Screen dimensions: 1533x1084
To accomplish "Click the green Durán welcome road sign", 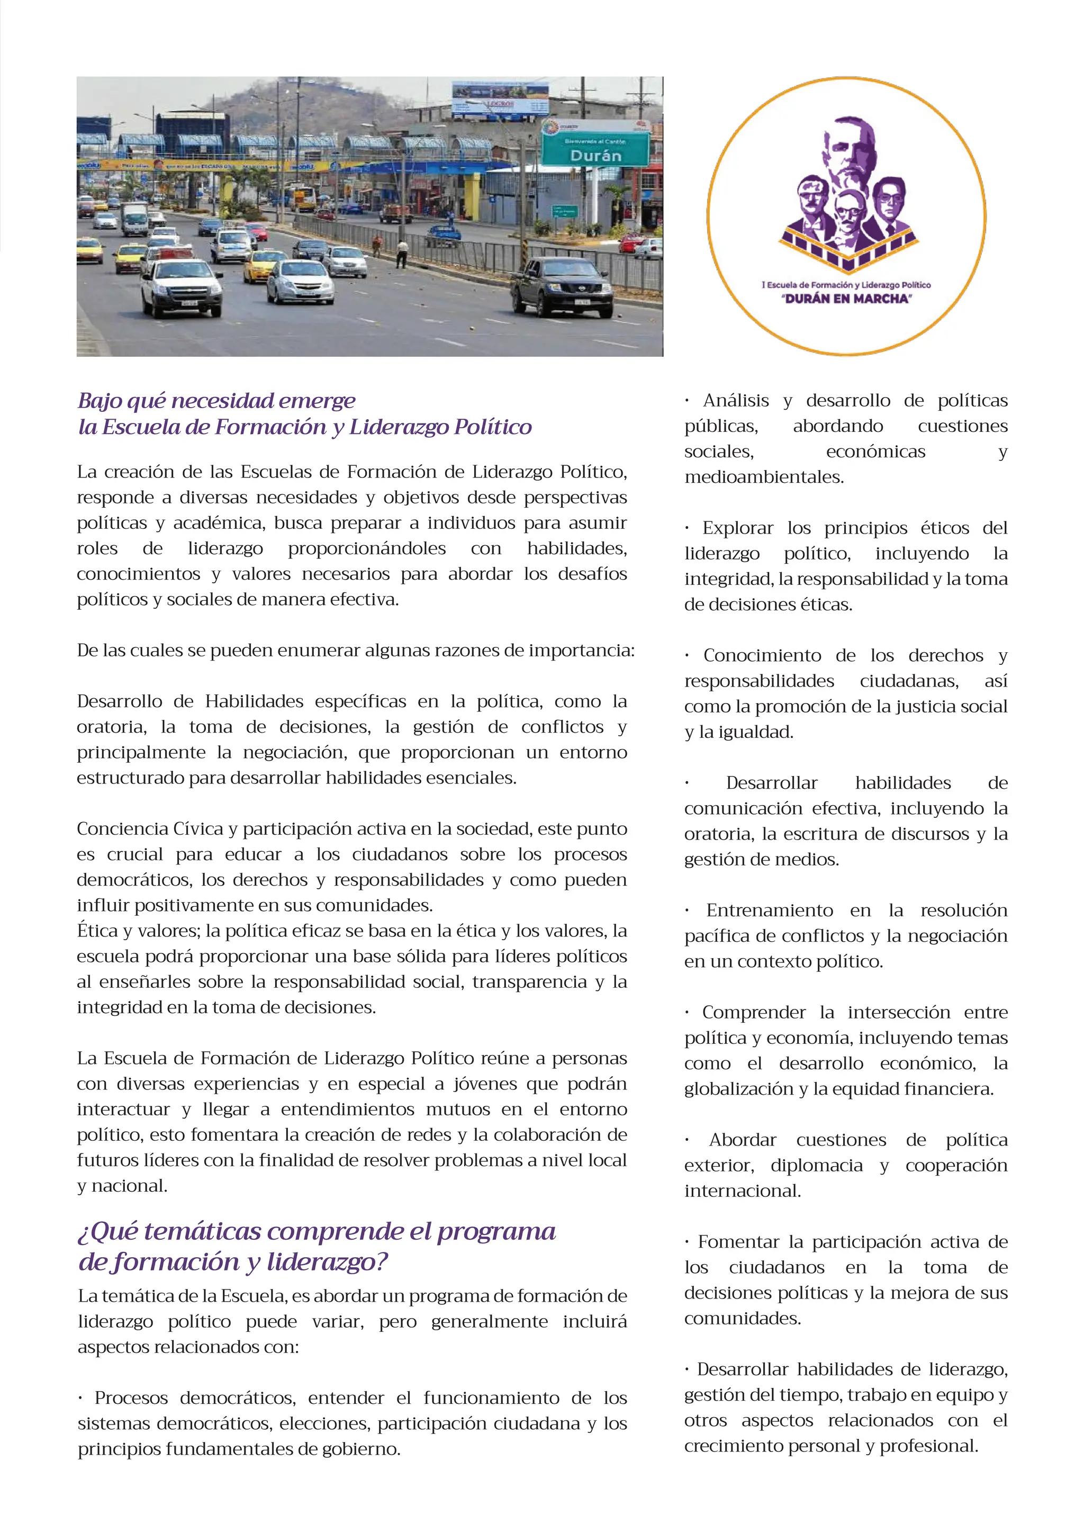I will (594, 149).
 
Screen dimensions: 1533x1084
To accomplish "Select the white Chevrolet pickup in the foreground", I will (181, 287).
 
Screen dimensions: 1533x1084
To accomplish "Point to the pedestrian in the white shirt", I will (402, 253).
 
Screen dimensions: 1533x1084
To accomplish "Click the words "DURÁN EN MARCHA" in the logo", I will (846, 299).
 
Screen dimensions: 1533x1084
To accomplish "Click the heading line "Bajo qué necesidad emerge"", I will (217, 401).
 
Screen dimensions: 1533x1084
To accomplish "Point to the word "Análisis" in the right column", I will (736, 401).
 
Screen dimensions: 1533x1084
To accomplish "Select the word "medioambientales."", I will (764, 477).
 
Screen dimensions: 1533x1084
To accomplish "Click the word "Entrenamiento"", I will (770, 910).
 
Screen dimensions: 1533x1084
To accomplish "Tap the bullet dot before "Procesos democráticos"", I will (80, 1398).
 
